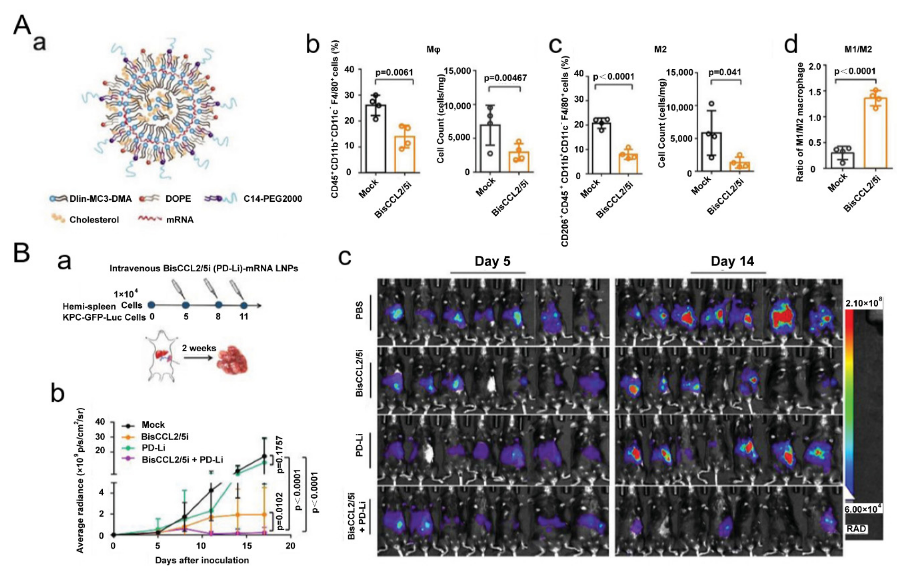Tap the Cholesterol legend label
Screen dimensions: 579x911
(94, 220)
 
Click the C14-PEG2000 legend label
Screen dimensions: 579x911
(272, 198)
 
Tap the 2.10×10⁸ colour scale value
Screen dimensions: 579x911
(863, 303)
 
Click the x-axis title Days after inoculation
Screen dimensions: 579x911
(202, 560)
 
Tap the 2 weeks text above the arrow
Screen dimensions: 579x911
(199, 348)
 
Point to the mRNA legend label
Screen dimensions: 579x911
(180, 220)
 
